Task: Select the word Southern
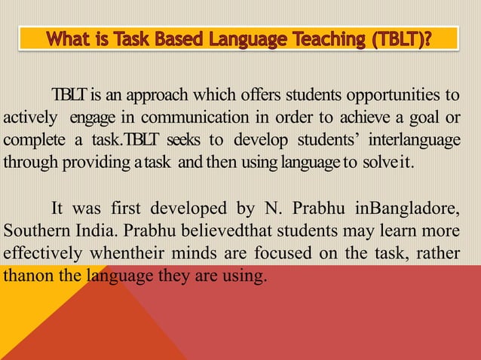coord(32,230)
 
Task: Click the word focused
coord(296,253)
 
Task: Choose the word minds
coord(209,253)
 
